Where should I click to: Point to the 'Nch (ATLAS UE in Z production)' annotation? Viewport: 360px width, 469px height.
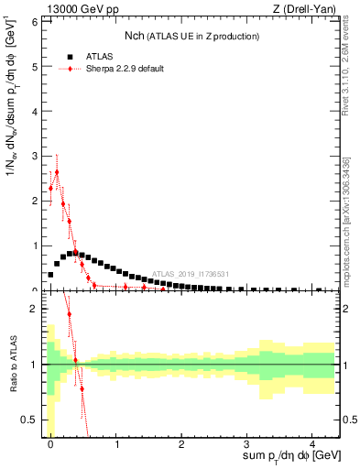pos(192,36)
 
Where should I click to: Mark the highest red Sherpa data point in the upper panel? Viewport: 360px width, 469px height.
pos(57,171)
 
